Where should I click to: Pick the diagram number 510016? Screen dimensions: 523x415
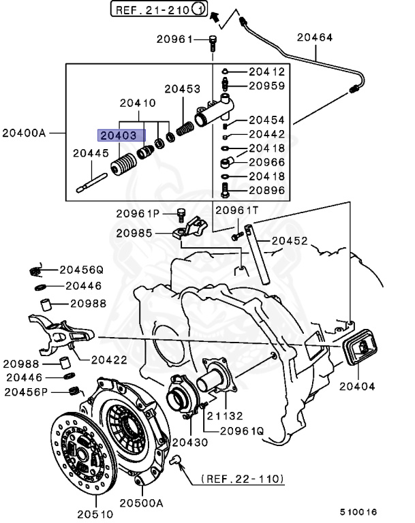pos(359,511)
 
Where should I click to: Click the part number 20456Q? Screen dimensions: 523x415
pos(81,269)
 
